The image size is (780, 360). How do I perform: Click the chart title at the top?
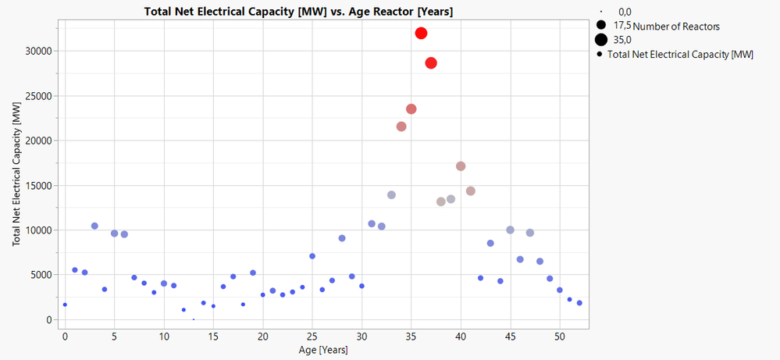[x=299, y=12]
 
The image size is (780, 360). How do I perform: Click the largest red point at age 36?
[x=422, y=33]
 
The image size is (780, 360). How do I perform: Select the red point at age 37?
[x=431, y=62]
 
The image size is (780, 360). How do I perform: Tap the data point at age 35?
[x=411, y=109]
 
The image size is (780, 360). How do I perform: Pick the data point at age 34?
[x=401, y=127]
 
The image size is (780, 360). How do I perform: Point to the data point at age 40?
[x=461, y=166]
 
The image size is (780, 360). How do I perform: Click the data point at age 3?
[x=94, y=226]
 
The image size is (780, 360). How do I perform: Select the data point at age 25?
[x=312, y=256]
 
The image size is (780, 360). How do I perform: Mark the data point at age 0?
[x=65, y=305]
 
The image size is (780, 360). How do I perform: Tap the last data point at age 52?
[x=579, y=303]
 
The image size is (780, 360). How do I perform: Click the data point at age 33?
[x=391, y=195]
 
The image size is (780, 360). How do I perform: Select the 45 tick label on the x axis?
[x=510, y=337]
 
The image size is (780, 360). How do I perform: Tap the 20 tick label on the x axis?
[x=262, y=337]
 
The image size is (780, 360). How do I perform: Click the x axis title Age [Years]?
[x=321, y=351]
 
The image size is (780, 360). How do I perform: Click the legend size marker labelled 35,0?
[x=601, y=40]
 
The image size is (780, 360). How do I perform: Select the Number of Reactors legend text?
[x=676, y=27]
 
